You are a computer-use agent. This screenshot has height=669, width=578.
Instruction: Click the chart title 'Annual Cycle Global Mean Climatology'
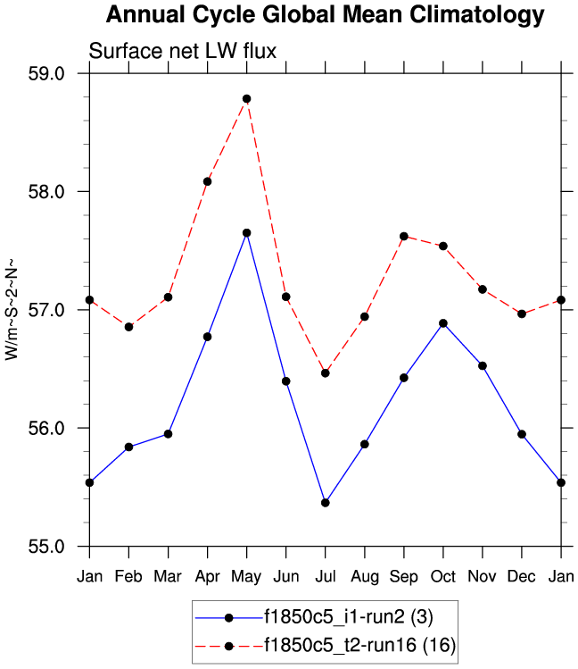(324, 15)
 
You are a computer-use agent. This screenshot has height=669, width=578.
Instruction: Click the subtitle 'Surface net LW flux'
(183, 51)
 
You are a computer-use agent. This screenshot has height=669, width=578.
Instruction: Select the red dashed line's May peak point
(246, 98)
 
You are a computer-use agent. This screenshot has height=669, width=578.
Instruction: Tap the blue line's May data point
(246, 233)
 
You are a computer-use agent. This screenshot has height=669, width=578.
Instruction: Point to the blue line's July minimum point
(325, 503)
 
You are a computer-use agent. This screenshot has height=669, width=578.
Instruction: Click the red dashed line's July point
(325, 373)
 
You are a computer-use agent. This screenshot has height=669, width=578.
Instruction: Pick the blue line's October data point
(443, 323)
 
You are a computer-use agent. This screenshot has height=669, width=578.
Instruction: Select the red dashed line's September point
(404, 237)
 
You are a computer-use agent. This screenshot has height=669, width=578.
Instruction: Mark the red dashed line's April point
(207, 181)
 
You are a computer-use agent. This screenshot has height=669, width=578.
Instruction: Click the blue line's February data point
(128, 447)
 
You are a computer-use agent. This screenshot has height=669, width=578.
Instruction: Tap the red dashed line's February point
(128, 327)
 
